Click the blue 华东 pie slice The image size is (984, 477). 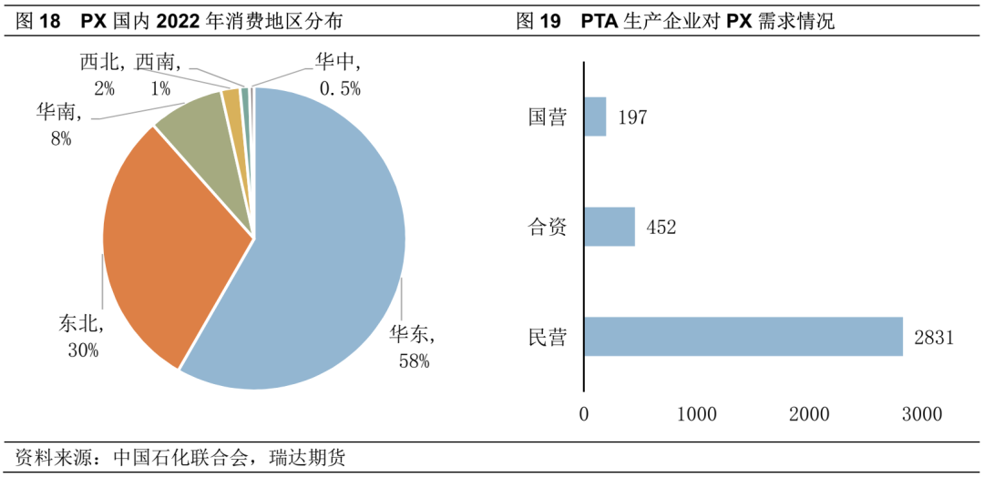pos(328,246)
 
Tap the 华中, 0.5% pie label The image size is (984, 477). pos(339,75)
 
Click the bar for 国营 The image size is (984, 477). pos(595,117)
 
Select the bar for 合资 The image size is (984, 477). pos(609,227)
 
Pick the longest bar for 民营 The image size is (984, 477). pos(743,337)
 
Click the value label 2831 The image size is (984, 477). pos(933,338)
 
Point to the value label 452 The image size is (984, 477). pos(661,228)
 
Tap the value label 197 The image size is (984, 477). pos(631,117)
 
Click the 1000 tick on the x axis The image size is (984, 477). pos(696,414)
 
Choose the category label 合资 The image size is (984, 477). pos(548,227)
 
